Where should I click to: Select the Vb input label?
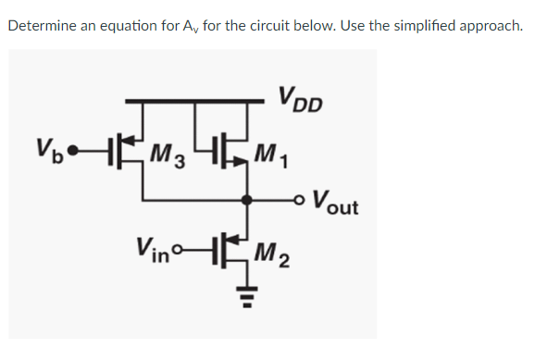tap(47, 147)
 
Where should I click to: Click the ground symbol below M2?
tap(245, 294)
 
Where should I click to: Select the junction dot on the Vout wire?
tap(245, 198)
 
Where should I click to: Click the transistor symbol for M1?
tap(232, 148)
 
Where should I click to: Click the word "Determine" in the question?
tap(43, 25)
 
